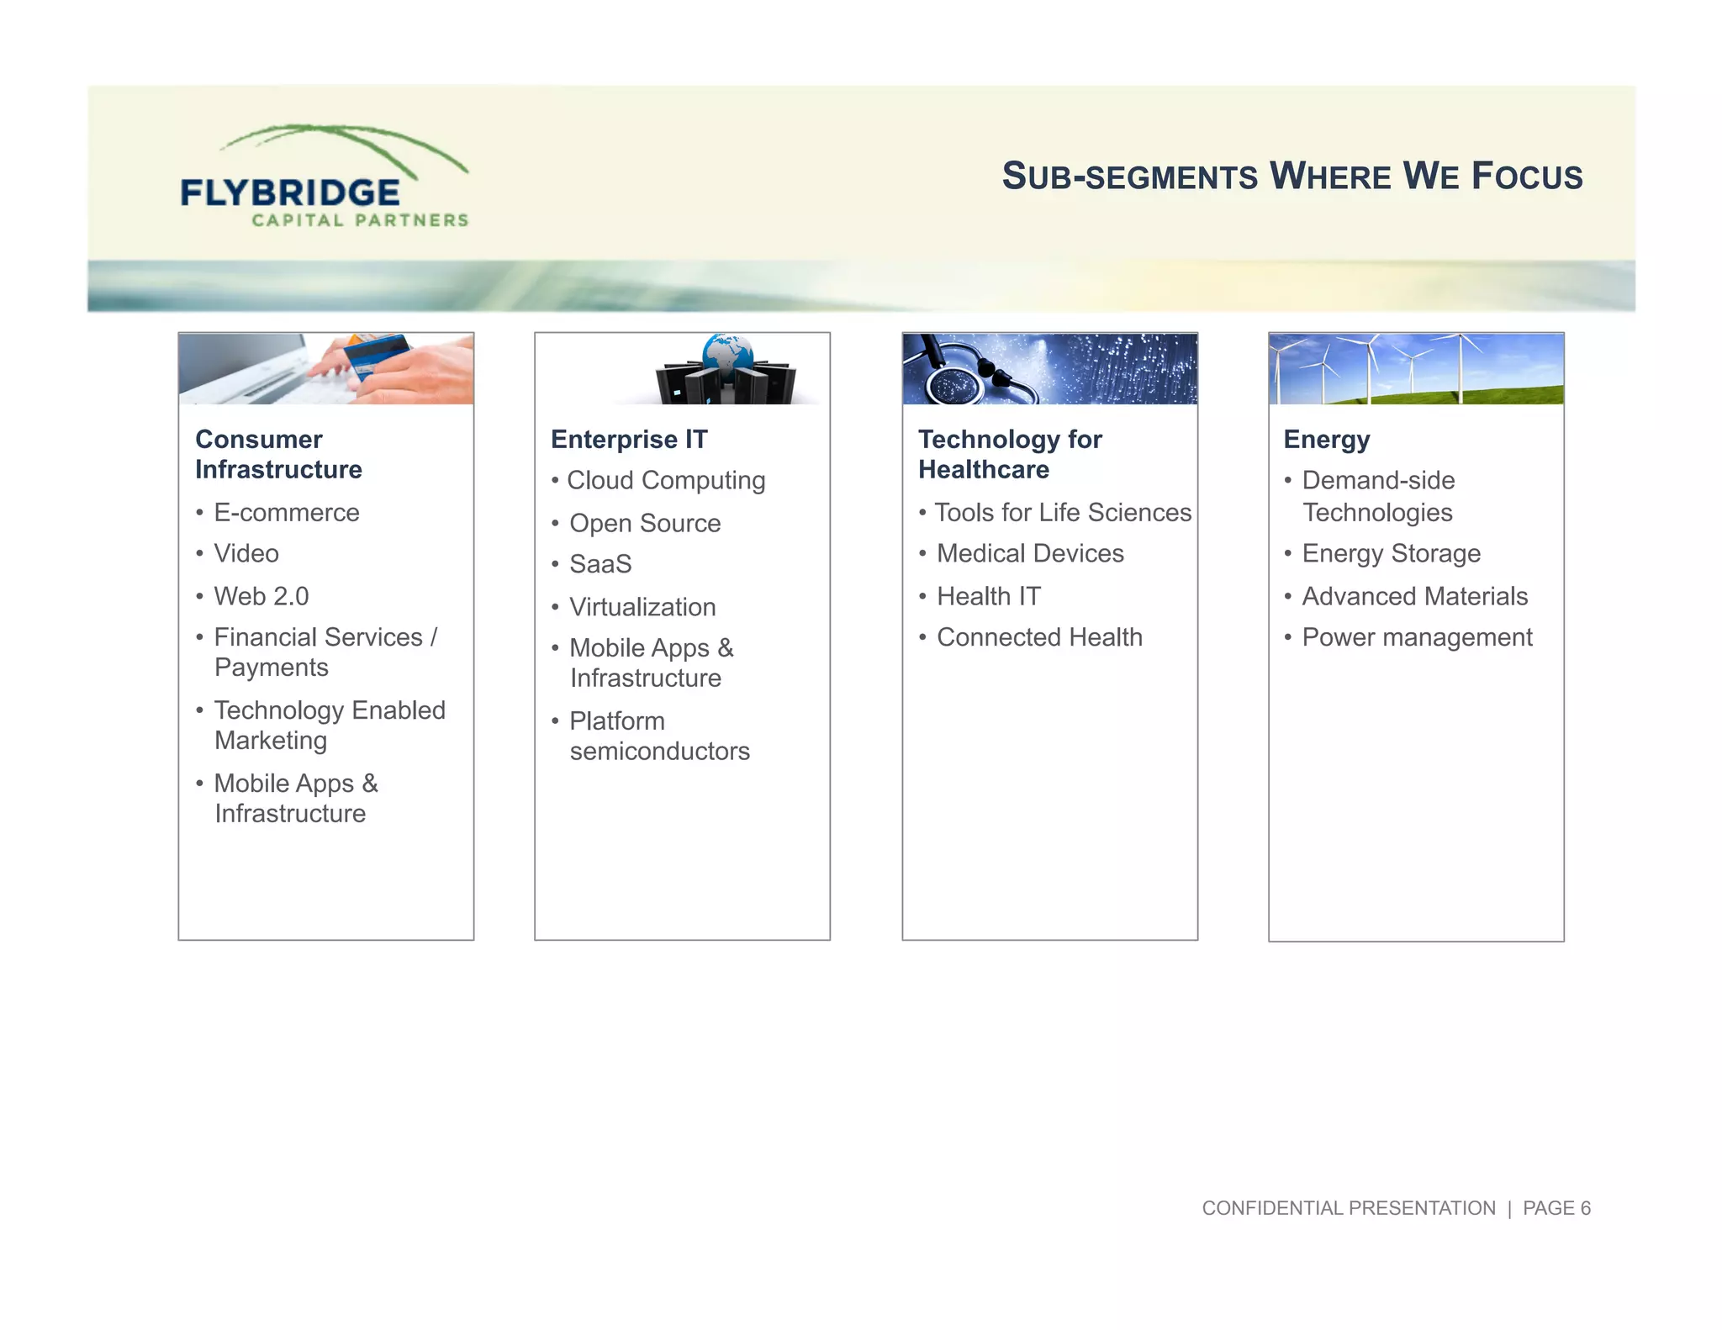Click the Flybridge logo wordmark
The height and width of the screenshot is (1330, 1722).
coord(290,193)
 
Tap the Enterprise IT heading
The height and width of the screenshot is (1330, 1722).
coord(629,439)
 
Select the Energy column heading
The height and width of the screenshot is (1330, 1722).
coord(1326,439)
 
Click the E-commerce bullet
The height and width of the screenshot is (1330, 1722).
coord(286,512)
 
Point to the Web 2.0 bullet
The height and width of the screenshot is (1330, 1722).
coord(261,596)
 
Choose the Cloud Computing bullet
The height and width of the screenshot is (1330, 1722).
coord(665,480)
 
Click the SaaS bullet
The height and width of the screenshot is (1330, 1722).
coord(600,563)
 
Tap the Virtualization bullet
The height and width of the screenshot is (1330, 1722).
coord(642,606)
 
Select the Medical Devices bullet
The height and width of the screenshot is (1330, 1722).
coord(1029,553)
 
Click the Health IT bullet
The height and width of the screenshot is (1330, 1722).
coord(988,596)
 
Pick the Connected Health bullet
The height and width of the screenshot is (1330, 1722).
coord(1038,637)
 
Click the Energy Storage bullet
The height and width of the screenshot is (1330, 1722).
coord(1391,553)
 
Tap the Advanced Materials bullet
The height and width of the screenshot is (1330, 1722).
coord(1414,596)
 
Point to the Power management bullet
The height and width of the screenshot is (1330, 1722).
coord(1417,637)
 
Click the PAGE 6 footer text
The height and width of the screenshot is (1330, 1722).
coord(1556,1208)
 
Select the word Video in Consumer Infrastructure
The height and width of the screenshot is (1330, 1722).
coord(246,553)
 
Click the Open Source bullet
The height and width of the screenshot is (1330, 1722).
coord(644,523)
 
